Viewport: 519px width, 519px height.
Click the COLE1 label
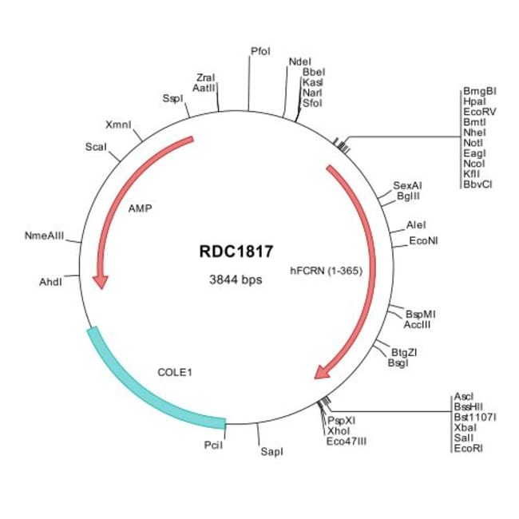pos(176,372)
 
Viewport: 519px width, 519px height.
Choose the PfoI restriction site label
pos(260,51)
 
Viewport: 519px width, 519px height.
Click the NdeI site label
pos(300,61)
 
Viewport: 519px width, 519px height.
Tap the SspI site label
pos(172,98)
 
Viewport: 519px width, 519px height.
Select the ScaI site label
pos(97,146)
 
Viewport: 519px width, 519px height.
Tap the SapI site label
pos(271,453)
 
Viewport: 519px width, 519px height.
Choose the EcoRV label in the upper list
pos(479,113)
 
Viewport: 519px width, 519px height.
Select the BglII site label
pos(407,195)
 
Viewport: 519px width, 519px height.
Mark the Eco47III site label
pos(347,439)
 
